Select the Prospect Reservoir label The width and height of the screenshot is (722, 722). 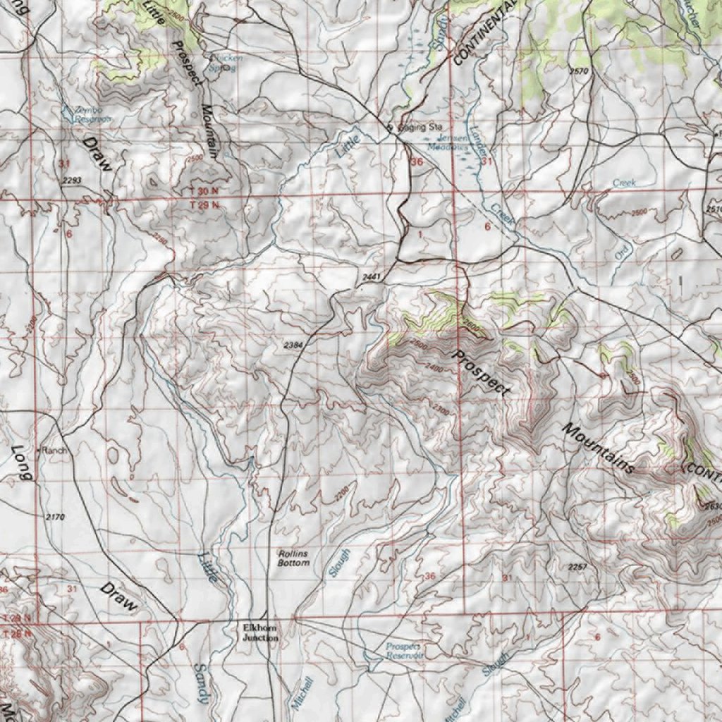pyautogui.click(x=404, y=650)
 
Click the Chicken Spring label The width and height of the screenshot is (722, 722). pyautogui.click(x=222, y=63)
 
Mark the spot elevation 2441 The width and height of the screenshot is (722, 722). pyautogui.click(x=371, y=278)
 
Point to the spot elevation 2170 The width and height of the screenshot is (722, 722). pyautogui.click(x=54, y=518)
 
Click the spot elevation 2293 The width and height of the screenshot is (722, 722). pyautogui.click(x=72, y=181)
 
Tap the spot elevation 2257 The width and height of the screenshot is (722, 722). pyautogui.click(x=577, y=567)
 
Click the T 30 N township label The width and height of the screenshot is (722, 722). pyautogui.click(x=205, y=192)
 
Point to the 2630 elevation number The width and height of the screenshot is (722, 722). pyautogui.click(x=712, y=506)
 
